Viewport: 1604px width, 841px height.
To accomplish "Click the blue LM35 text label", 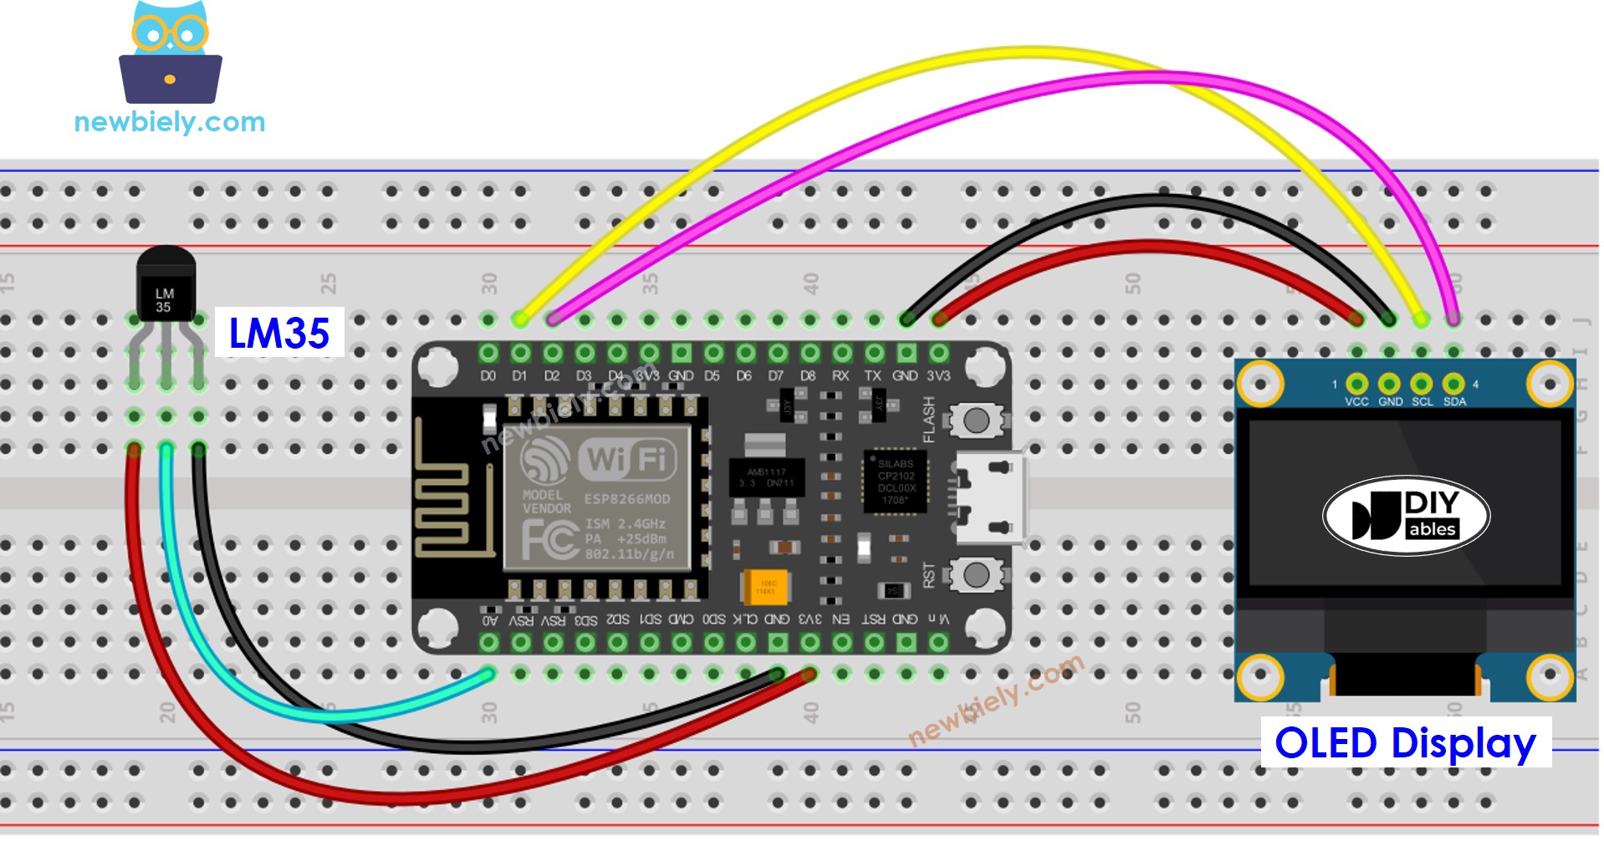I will [x=279, y=333].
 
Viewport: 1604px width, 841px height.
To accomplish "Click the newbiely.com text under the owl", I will [x=170, y=122].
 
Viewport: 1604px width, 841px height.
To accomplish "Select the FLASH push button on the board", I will [x=975, y=420].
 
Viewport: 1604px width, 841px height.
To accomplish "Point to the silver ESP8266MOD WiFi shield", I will [x=596, y=497].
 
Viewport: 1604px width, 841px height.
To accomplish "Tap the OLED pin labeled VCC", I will [x=1356, y=384].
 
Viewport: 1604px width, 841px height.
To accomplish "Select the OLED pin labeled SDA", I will [x=1453, y=384].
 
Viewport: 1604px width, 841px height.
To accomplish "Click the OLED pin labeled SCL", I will [x=1421, y=384].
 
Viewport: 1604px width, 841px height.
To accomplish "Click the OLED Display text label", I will [x=1406, y=742].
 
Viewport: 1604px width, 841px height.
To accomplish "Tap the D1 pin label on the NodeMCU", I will [x=520, y=376].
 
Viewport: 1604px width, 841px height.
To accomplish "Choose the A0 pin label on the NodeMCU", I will [x=489, y=620].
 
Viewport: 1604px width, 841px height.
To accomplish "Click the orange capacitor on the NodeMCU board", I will [x=765, y=586].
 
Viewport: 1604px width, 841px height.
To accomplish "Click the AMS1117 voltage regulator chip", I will [x=766, y=477].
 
